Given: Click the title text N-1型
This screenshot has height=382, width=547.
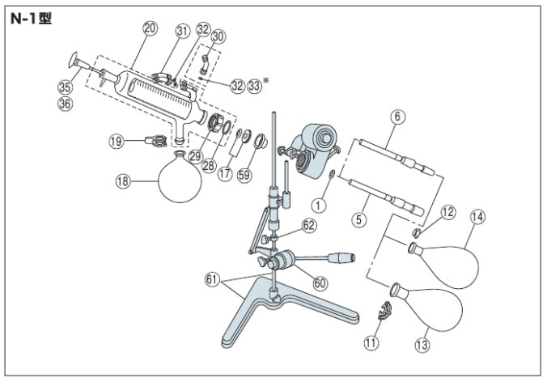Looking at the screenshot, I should pyautogui.click(x=31, y=18).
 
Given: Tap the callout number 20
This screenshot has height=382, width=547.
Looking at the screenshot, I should pyautogui.click(x=149, y=28).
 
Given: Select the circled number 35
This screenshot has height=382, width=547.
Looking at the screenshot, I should pyautogui.click(x=65, y=87).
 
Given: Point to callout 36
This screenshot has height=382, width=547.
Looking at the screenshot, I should pyautogui.click(x=65, y=103).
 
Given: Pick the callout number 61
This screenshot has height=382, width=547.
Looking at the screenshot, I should pyautogui.click(x=212, y=279).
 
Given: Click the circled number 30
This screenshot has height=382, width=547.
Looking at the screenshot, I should pyautogui.click(x=218, y=36).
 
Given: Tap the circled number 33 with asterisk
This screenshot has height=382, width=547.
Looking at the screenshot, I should pyautogui.click(x=256, y=84).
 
